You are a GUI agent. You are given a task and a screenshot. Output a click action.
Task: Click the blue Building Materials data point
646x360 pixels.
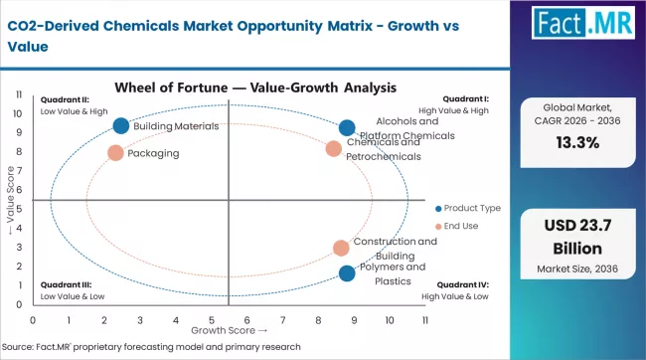click(x=121, y=125)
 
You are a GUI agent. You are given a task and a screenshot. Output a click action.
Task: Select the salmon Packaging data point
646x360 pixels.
click(x=115, y=153)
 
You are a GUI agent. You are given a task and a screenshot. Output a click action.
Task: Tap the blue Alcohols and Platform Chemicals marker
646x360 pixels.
click(x=346, y=127)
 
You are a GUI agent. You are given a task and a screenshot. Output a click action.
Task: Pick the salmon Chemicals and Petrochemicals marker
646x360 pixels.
click(x=333, y=149)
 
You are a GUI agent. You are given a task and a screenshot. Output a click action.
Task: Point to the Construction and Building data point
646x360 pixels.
click(x=341, y=248)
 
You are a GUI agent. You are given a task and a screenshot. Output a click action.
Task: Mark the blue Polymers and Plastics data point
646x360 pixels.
click(x=346, y=273)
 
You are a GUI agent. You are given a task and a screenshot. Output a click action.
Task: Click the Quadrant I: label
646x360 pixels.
click(x=465, y=99)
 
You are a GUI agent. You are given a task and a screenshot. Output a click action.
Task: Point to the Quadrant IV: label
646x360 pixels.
click(x=463, y=285)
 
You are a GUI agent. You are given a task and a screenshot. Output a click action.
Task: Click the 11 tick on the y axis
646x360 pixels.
click(x=20, y=94)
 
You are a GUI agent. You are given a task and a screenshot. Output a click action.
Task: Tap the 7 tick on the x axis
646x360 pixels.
click(x=282, y=320)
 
